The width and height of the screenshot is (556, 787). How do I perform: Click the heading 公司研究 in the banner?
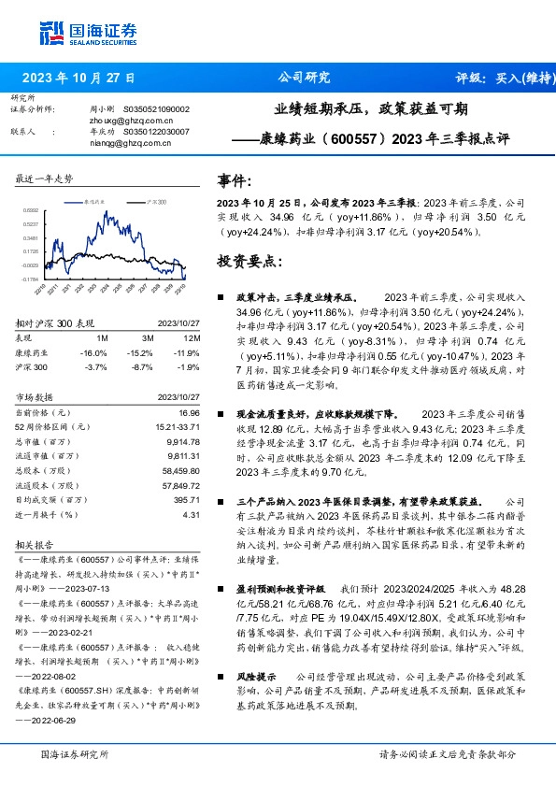305,79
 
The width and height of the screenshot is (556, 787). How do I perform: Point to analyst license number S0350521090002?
156,109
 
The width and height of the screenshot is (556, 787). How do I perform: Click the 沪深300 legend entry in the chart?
156,201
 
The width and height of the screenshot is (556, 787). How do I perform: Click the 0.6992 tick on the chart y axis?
31,211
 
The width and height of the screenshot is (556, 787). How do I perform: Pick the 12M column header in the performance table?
192,336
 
